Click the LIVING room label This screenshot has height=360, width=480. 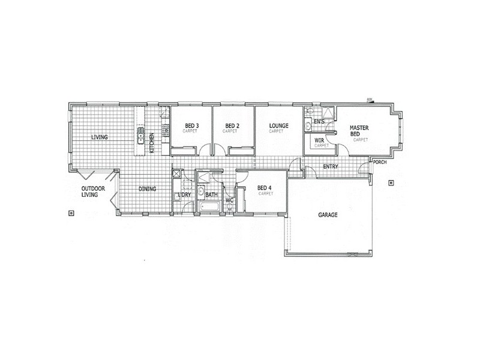pyautogui.click(x=100, y=137)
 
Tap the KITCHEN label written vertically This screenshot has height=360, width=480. pyautogui.click(x=152, y=143)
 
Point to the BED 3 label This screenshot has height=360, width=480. pyautogui.click(x=190, y=126)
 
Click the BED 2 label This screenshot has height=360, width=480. pyautogui.click(x=232, y=126)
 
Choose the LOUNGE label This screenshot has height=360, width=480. pyautogui.click(x=279, y=126)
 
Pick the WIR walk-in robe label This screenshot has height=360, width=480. pyautogui.click(x=319, y=141)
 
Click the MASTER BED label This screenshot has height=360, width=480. pyautogui.click(x=359, y=131)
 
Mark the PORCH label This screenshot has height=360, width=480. pyautogui.click(x=380, y=161)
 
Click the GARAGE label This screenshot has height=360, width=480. pyautogui.click(x=328, y=214)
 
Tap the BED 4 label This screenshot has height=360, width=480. pyautogui.click(x=265, y=188)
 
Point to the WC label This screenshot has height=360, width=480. pyautogui.click(x=229, y=200)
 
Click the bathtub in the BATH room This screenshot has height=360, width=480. pyautogui.click(x=211, y=208)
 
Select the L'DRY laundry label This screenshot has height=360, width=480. pyautogui.click(x=184, y=195)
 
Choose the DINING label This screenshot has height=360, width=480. pyautogui.click(x=148, y=189)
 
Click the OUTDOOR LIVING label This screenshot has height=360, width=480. pyautogui.click(x=94, y=191)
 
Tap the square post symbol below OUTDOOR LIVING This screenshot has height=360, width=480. pyautogui.click(x=71, y=212)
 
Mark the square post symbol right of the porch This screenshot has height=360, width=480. pyautogui.click(x=391, y=182)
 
